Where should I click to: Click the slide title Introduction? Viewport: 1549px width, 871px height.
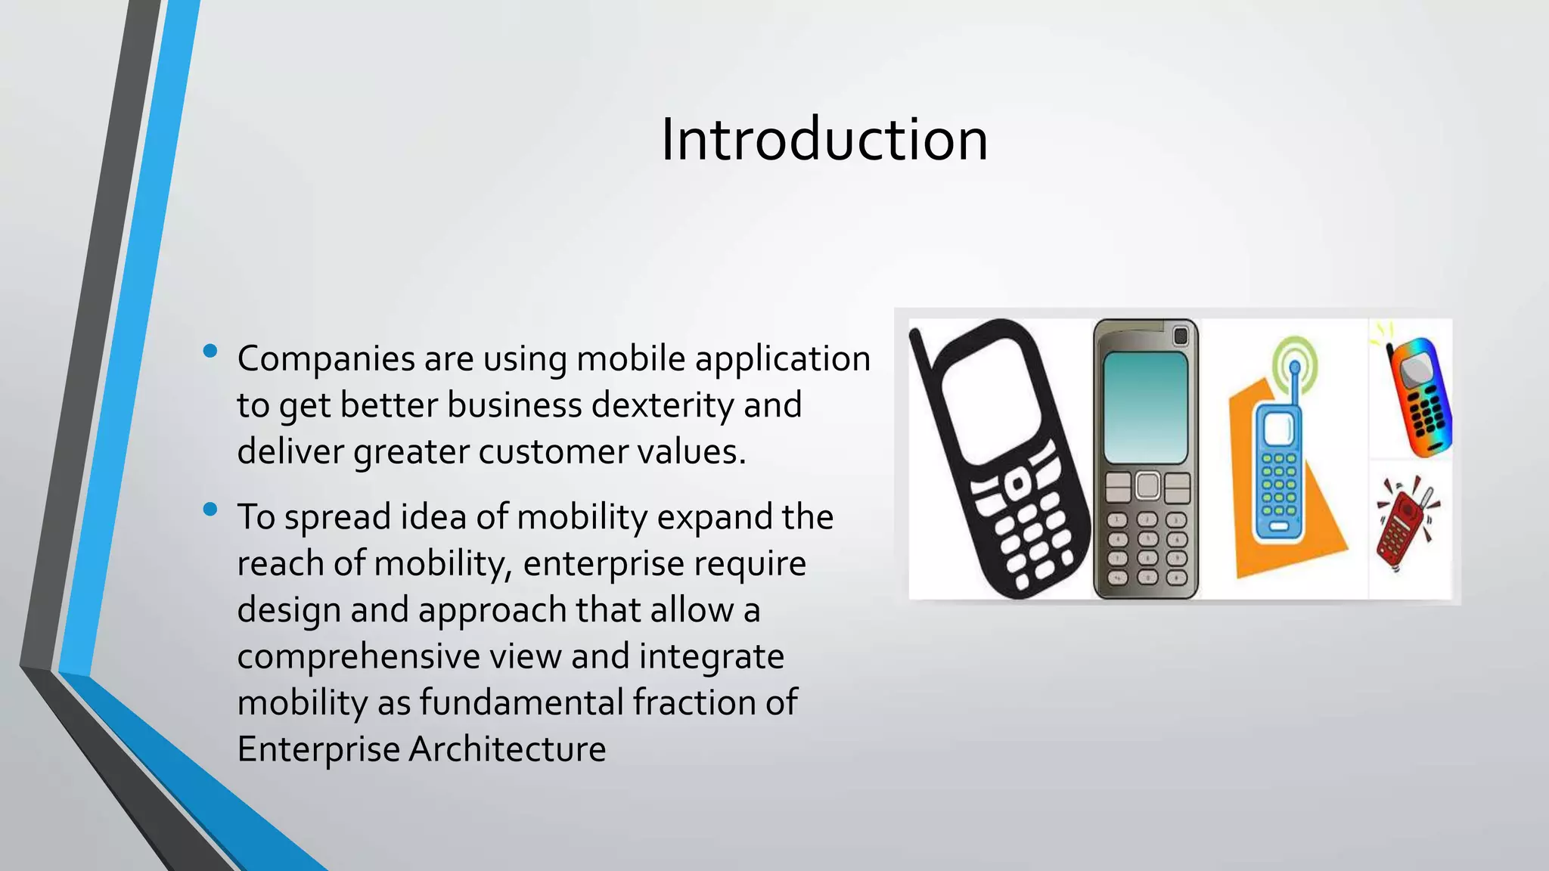tap(824, 140)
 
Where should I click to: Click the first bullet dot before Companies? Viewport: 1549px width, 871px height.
tap(210, 351)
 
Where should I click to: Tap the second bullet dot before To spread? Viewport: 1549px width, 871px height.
tap(210, 510)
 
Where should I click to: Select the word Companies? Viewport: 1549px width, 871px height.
tap(325, 359)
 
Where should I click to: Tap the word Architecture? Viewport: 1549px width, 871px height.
tap(508, 749)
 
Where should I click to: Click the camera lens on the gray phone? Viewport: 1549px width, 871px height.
tap(1181, 336)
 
